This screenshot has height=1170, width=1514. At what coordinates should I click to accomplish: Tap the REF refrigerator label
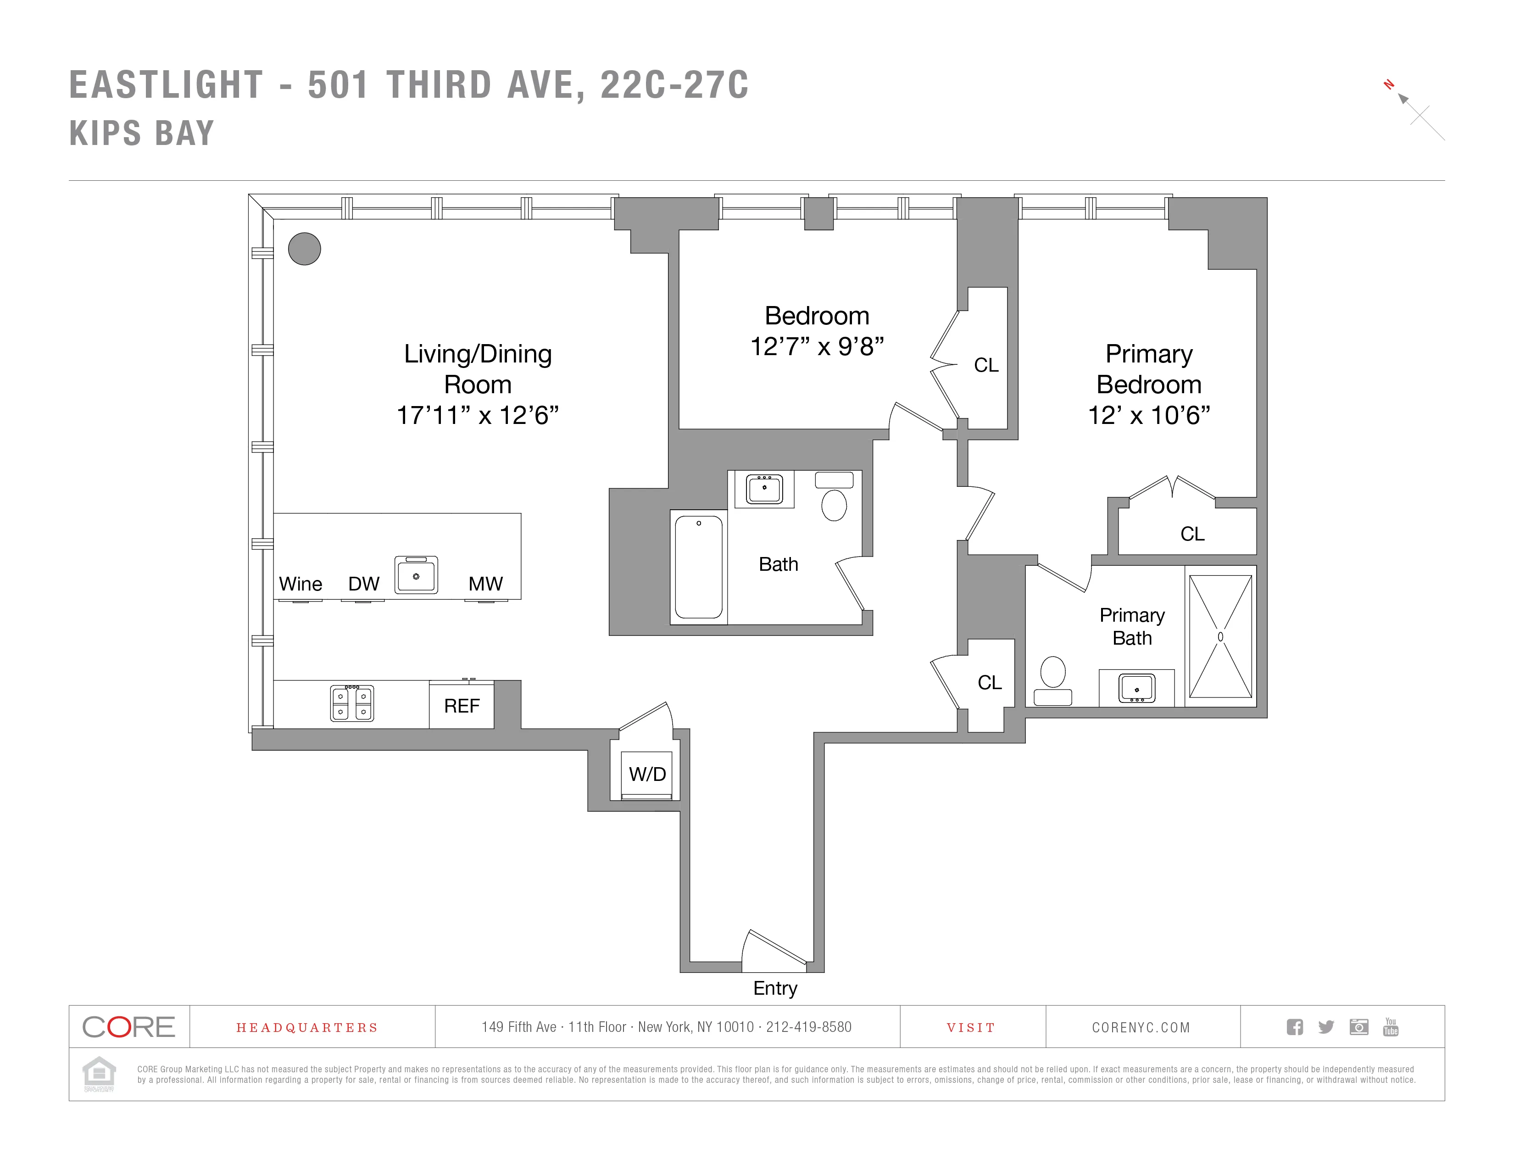point(462,706)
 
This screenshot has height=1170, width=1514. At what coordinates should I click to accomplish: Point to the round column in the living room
point(304,248)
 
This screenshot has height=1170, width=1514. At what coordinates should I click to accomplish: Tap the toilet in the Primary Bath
point(1053,679)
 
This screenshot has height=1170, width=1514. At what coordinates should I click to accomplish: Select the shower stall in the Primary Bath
point(1220,636)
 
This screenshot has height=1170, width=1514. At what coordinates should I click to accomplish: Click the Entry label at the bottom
point(775,988)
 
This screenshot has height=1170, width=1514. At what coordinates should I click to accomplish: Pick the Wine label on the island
point(300,584)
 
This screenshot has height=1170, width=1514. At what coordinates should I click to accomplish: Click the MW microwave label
point(485,584)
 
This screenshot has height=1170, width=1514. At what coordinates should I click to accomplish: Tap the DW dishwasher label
point(363,584)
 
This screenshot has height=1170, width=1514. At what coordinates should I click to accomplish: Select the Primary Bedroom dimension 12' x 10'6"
point(1149,415)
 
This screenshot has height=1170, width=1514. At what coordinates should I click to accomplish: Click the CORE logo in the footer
point(129,1026)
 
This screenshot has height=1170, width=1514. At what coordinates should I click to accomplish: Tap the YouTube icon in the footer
point(1391,1026)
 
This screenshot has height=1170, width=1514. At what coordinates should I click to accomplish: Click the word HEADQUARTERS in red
point(307,1027)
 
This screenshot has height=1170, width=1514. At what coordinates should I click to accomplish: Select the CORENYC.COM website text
point(1141,1027)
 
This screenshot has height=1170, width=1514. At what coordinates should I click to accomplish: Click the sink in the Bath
point(764,489)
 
